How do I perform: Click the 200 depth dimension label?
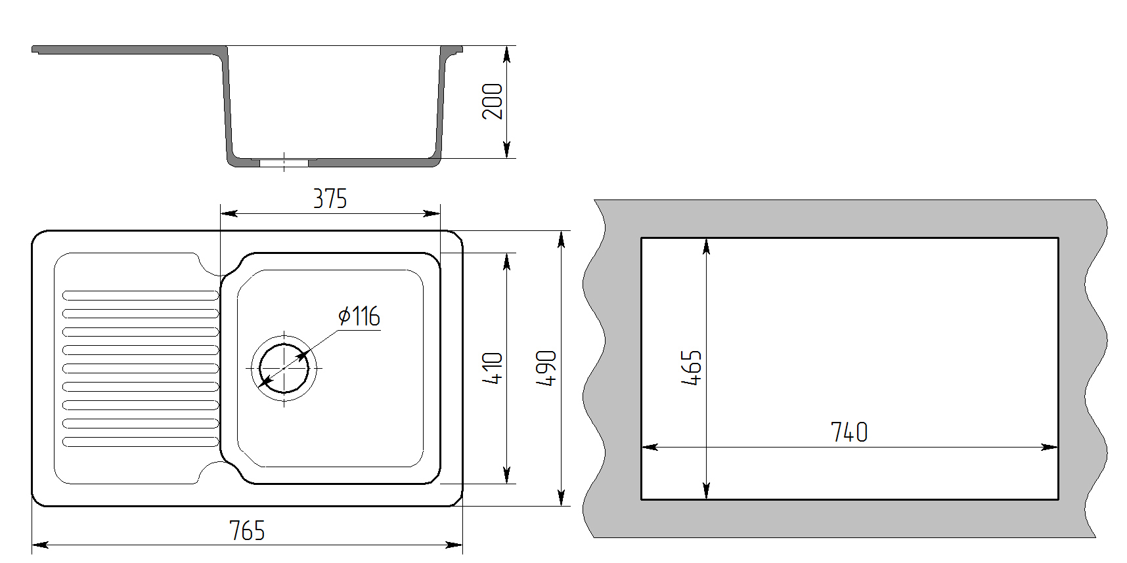coord(493,101)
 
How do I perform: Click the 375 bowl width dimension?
coord(330,198)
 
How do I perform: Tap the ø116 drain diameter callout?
coord(359,316)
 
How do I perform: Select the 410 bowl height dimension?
coord(493,368)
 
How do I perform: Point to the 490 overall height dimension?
coord(546,368)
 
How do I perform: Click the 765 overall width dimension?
coord(247,530)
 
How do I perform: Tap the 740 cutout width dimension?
coord(849,432)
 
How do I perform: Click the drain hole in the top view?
coord(284,368)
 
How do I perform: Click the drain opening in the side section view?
coord(284,162)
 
